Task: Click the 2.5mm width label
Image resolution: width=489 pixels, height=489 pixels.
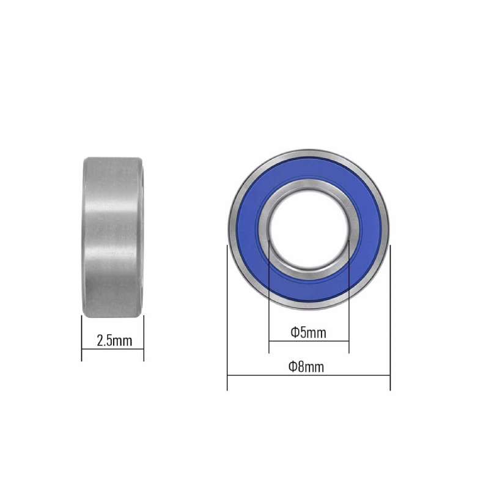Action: [x=114, y=340]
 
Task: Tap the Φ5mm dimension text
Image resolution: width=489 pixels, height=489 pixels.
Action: [x=308, y=333]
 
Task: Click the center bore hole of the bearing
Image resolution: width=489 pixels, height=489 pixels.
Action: [x=309, y=229]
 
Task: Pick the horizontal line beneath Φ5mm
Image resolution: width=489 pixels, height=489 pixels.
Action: [x=309, y=341]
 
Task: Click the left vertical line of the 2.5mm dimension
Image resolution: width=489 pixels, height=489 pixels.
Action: [x=82, y=339]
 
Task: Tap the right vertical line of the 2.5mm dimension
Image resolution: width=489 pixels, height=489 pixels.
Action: [x=144, y=339]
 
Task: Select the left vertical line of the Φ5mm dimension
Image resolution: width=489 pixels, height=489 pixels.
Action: [x=269, y=306]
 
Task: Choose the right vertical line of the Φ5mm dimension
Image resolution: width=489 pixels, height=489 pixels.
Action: [x=348, y=306]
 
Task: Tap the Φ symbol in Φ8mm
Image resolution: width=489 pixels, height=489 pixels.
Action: [x=293, y=367]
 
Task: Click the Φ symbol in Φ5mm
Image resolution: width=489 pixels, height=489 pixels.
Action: [x=295, y=333]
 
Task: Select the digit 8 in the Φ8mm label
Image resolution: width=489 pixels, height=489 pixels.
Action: [x=301, y=367]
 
